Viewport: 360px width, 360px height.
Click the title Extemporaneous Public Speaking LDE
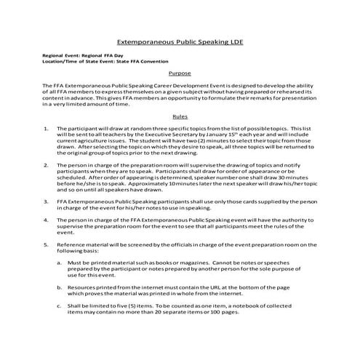click(180, 42)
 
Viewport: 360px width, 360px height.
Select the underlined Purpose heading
click(180, 73)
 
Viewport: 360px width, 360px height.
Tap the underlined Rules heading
click(180, 116)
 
